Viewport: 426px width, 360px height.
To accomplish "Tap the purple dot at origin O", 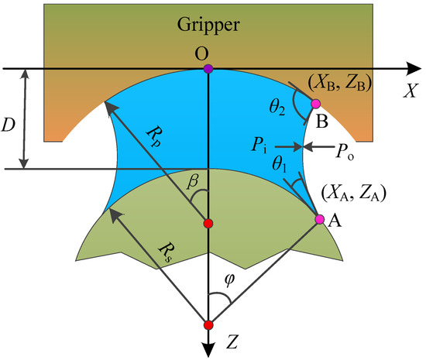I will (208, 70).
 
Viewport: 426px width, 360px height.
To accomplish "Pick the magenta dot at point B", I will (315, 103).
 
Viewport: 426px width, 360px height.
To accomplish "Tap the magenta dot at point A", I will (319, 220).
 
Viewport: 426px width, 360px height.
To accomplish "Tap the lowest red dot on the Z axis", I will (208, 324).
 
